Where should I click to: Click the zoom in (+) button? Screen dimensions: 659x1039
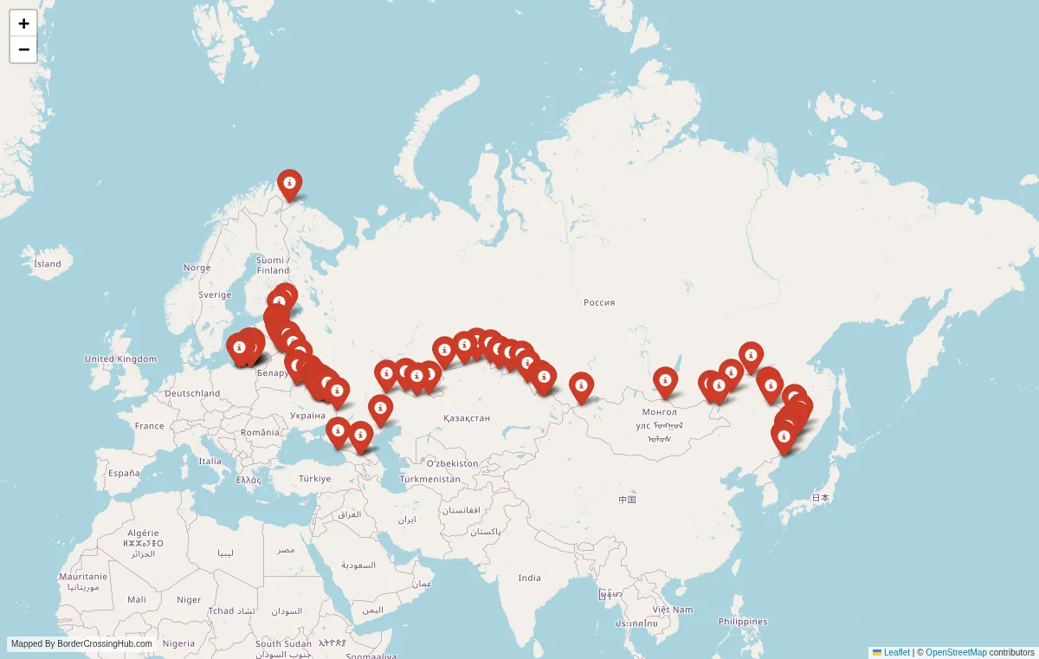(x=23, y=23)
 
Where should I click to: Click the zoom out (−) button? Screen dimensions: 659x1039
(x=23, y=49)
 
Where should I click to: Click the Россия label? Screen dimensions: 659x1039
(x=599, y=302)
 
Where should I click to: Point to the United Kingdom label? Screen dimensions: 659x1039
(x=120, y=359)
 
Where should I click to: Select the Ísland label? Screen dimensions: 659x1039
(x=48, y=263)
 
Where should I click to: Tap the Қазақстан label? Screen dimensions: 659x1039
(x=466, y=417)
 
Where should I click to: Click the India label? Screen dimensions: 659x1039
(x=529, y=578)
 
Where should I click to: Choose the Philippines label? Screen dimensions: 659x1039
(x=742, y=621)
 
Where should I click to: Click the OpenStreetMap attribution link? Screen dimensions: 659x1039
(x=956, y=652)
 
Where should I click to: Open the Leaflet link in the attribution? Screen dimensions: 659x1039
(x=896, y=652)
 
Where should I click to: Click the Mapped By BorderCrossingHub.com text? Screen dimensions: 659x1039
(x=81, y=644)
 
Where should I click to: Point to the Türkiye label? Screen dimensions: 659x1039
(x=314, y=478)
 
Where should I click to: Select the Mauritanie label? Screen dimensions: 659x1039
(x=83, y=576)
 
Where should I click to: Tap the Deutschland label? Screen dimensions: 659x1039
(x=191, y=393)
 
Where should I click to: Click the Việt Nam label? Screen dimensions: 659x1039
(x=673, y=609)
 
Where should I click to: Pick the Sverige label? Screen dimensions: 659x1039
(x=215, y=294)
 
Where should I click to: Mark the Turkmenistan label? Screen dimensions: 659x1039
(x=430, y=479)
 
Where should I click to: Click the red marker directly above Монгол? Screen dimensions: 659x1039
(x=664, y=381)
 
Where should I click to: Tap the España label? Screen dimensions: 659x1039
(x=124, y=473)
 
